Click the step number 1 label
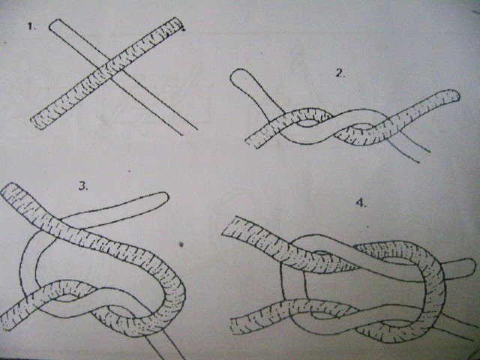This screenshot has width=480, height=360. pyautogui.click(x=31, y=26)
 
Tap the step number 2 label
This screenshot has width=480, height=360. pyautogui.click(x=340, y=73)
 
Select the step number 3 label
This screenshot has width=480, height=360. pyautogui.click(x=83, y=186)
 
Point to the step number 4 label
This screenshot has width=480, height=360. pyautogui.click(x=361, y=202)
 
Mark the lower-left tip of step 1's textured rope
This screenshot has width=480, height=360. pyautogui.click(x=37, y=123)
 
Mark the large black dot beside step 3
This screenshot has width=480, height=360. pyautogui.click(x=181, y=244)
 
